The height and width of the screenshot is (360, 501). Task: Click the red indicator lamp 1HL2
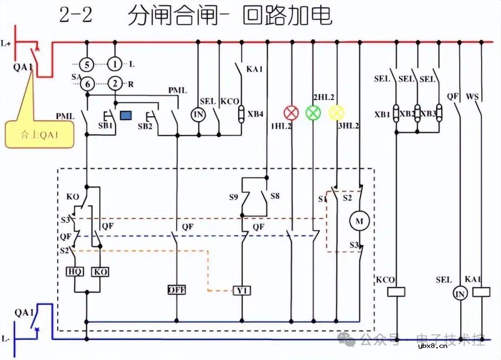291,113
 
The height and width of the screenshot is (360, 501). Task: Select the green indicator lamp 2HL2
314,113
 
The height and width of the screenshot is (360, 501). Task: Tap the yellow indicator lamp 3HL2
336,112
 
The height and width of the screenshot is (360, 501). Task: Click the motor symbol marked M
359,221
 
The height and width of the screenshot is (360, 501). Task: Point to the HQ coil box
75,272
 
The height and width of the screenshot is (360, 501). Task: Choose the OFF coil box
177,290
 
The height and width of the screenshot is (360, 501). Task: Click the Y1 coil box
242,290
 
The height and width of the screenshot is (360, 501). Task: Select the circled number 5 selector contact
87,64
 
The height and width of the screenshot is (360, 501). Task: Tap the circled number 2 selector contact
115,84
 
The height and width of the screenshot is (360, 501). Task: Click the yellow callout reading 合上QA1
39,135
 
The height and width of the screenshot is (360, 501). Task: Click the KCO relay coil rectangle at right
396,292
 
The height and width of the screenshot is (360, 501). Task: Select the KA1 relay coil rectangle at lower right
481,292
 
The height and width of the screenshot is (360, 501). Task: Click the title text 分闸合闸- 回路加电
230,16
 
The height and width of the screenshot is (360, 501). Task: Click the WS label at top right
472,97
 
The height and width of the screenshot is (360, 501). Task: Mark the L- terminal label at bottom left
6,339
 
